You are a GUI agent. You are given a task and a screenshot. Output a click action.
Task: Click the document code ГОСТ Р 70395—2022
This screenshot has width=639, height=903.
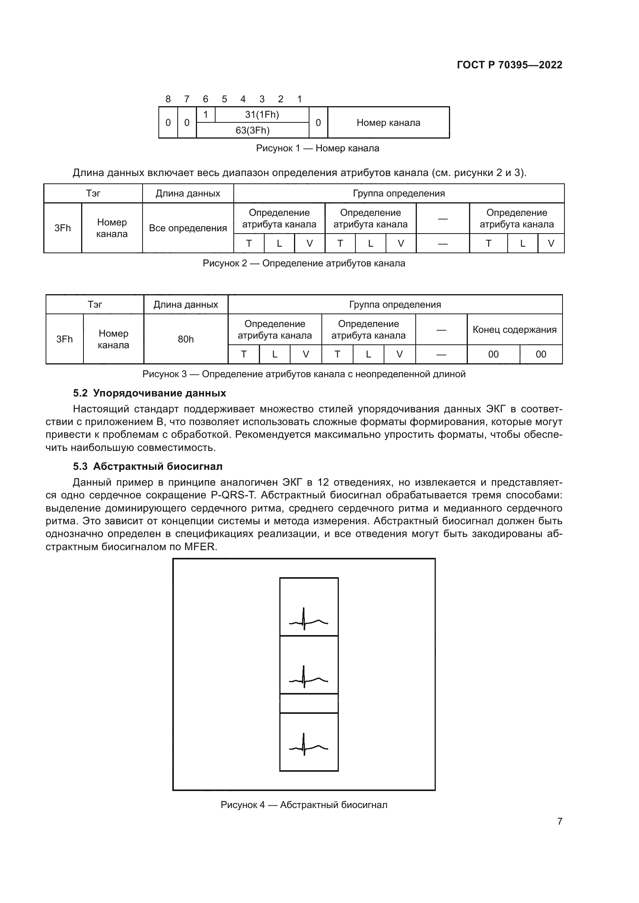(509, 65)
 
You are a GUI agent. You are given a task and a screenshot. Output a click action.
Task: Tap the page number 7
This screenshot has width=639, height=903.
(559, 821)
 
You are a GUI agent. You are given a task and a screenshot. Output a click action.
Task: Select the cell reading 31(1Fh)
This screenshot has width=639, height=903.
(262, 114)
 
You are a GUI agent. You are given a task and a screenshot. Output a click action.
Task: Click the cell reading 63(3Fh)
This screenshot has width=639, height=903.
(252, 130)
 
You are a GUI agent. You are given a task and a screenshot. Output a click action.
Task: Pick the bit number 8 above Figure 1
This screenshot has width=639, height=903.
(168, 99)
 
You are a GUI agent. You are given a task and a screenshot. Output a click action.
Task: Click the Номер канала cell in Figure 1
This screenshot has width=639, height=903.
(388, 123)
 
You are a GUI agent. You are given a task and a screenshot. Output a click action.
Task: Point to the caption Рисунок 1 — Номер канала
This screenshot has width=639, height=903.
(317, 148)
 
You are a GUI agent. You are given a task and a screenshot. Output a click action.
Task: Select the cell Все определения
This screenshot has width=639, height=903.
(188, 228)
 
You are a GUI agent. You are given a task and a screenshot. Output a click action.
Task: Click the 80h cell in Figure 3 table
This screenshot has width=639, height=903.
(185, 339)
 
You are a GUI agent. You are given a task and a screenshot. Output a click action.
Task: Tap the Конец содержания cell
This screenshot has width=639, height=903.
(514, 330)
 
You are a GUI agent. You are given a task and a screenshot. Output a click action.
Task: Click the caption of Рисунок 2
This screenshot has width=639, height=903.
(303, 263)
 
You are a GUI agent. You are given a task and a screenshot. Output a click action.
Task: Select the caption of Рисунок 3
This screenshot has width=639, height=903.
(303, 374)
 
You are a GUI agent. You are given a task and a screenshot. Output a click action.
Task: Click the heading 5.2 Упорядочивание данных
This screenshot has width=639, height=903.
(150, 393)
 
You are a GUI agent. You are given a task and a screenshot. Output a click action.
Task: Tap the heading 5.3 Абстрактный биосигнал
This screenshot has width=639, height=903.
(148, 466)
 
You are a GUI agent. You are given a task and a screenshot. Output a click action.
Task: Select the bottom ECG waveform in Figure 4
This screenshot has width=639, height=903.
(308, 744)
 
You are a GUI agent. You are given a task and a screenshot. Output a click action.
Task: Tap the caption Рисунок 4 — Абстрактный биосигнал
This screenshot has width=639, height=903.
(303, 805)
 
